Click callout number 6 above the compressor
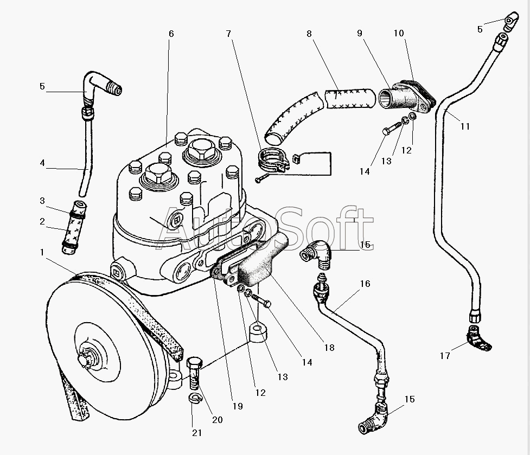[171, 34]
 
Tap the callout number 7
[229, 34]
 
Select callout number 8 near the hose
[309, 34]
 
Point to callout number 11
[465, 126]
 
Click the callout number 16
[365, 284]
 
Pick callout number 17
[445, 356]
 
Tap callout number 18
[329, 348]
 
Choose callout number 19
[238, 406]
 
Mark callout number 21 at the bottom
[197, 433]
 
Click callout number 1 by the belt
[42, 252]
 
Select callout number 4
[42, 163]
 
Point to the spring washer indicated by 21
[195, 399]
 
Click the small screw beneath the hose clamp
[263, 178]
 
